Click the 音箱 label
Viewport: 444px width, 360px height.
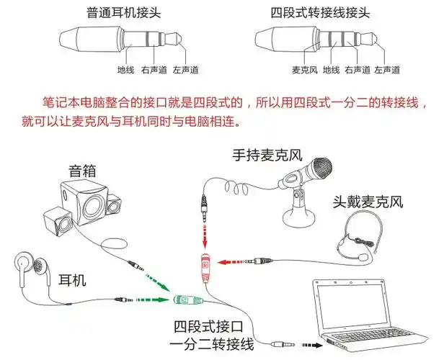coord(82,171)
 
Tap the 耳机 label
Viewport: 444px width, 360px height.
coord(72,279)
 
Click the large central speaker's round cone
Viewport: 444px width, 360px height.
coord(92,206)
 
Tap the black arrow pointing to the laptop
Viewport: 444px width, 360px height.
coord(311,345)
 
